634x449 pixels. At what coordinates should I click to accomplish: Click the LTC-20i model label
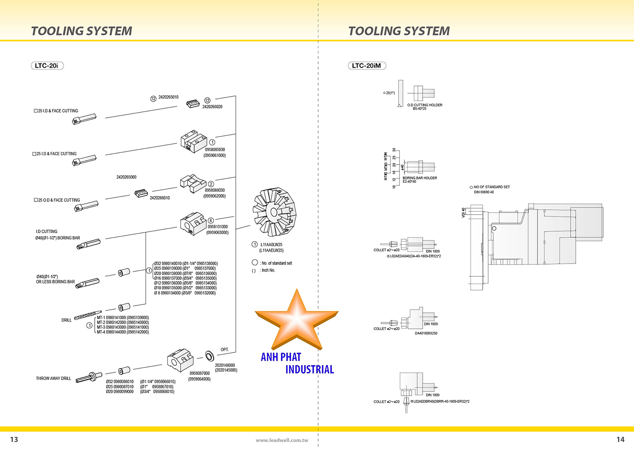pyautogui.click(x=47, y=66)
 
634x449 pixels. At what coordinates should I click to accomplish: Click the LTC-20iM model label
pyautogui.click(x=366, y=66)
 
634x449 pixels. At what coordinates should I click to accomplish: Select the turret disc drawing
pyautogui.click(x=275, y=212)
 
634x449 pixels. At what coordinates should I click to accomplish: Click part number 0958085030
pyautogui.click(x=215, y=150)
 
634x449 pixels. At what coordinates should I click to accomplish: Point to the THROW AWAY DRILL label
pyautogui.click(x=53, y=378)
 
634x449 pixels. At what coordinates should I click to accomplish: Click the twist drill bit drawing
pyautogui.click(x=88, y=316)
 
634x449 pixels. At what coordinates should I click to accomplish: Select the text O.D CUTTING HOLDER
pyautogui.click(x=424, y=105)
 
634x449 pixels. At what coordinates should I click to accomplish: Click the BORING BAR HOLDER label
pyautogui.click(x=419, y=178)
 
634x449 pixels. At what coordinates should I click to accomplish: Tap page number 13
pyautogui.click(x=14, y=439)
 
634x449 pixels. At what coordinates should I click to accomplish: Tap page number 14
pyautogui.click(x=620, y=439)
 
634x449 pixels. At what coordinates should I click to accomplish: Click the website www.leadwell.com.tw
pyautogui.click(x=282, y=440)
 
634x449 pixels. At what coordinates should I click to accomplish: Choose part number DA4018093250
pyautogui.click(x=426, y=333)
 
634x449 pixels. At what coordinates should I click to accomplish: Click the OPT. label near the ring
pyautogui.click(x=224, y=350)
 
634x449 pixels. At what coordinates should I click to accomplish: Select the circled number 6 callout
pyautogui.click(x=210, y=220)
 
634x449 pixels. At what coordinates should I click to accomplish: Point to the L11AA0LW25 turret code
pyautogui.click(x=271, y=245)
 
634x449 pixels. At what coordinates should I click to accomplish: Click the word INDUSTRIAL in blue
pyautogui.click(x=309, y=369)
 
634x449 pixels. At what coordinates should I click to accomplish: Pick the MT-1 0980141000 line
pyautogui.click(x=123, y=317)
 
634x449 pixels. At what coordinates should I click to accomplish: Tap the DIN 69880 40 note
pyautogui.click(x=484, y=192)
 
